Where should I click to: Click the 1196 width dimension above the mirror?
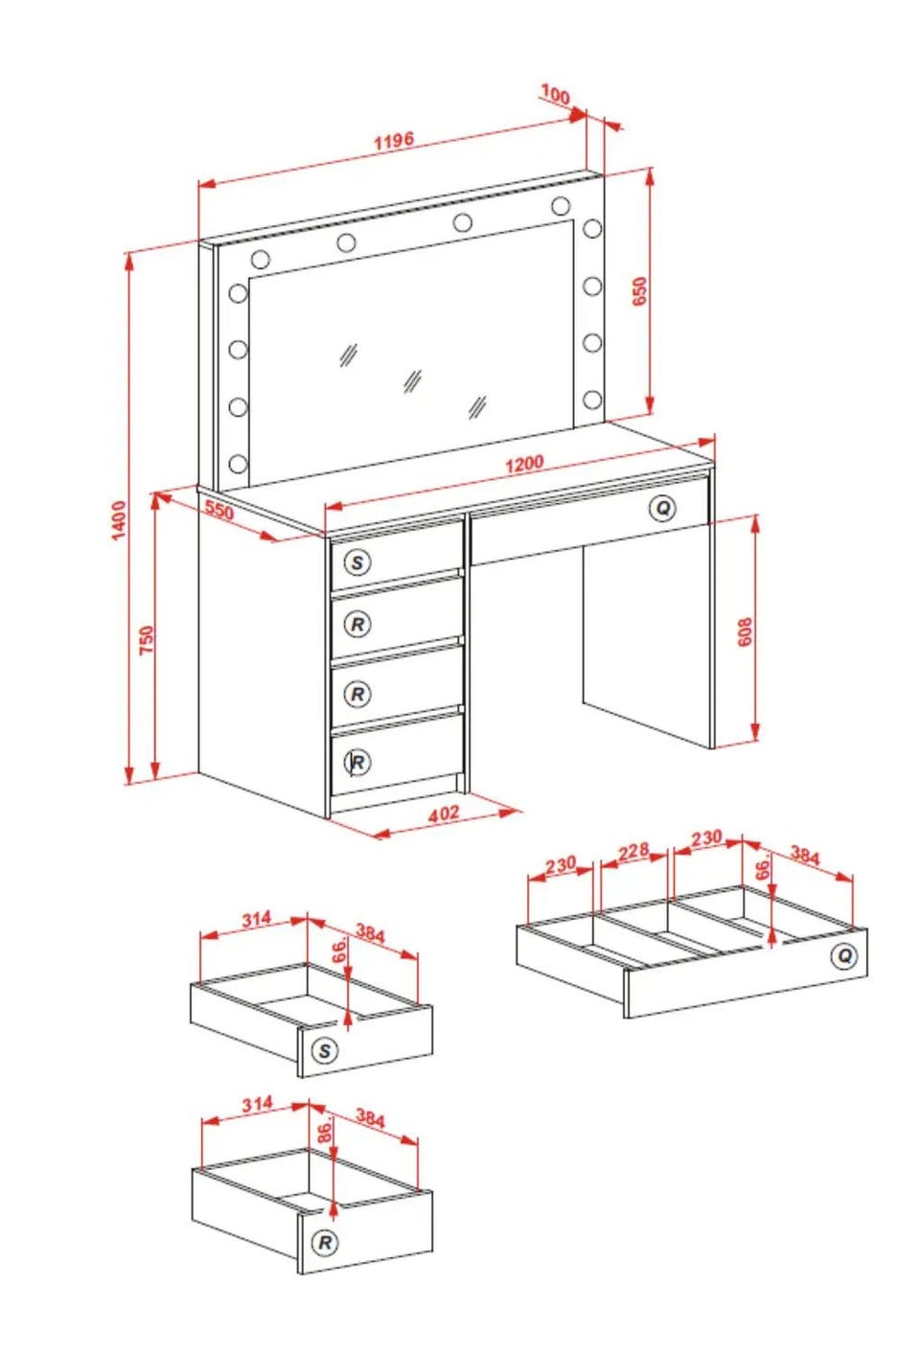[x=394, y=141]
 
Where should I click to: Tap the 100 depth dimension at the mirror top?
[x=555, y=95]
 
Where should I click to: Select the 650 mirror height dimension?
[x=639, y=291]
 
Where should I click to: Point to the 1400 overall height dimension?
[x=119, y=519]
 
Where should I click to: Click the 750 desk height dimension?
[x=147, y=640]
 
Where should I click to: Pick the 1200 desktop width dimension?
[x=524, y=464]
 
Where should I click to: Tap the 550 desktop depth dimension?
[x=218, y=510]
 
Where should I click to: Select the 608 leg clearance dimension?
[x=746, y=631]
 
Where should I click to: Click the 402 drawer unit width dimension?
[x=444, y=814]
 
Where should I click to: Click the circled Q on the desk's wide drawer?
[x=662, y=508]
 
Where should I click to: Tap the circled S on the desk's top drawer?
[x=357, y=562]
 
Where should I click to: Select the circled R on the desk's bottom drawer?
[x=357, y=762]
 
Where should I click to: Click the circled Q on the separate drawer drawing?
[x=844, y=955]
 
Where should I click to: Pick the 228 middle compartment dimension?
[x=633, y=852]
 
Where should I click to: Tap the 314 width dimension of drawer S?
[x=257, y=919]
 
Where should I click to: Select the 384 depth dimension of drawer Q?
[x=805, y=856]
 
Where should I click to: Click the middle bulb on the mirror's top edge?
[x=463, y=222]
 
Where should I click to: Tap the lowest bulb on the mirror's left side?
[x=238, y=464]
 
